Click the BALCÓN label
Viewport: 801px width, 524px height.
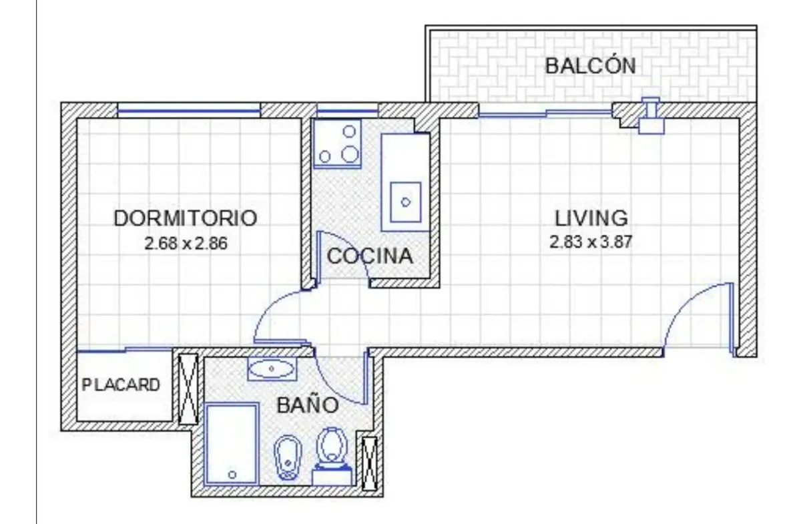[590, 65]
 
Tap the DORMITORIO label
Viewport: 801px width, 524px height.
[186, 218]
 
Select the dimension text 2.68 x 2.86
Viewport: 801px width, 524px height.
[186, 244]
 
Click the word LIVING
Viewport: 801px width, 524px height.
[591, 218]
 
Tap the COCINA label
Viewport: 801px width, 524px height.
[370, 256]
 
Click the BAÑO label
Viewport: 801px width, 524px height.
[308, 405]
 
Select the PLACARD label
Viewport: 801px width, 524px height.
[121, 385]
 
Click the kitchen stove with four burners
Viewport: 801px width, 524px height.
[337, 144]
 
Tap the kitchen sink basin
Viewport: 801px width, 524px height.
[406, 202]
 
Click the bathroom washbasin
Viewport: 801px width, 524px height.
[272, 368]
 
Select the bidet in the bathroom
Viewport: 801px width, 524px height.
[288, 457]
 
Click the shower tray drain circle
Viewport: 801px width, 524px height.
[232, 475]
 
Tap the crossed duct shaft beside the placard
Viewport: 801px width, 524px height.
[188, 388]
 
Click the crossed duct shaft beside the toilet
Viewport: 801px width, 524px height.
[369, 463]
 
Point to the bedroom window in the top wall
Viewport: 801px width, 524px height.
[189, 111]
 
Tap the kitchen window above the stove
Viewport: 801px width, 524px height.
[348, 111]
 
